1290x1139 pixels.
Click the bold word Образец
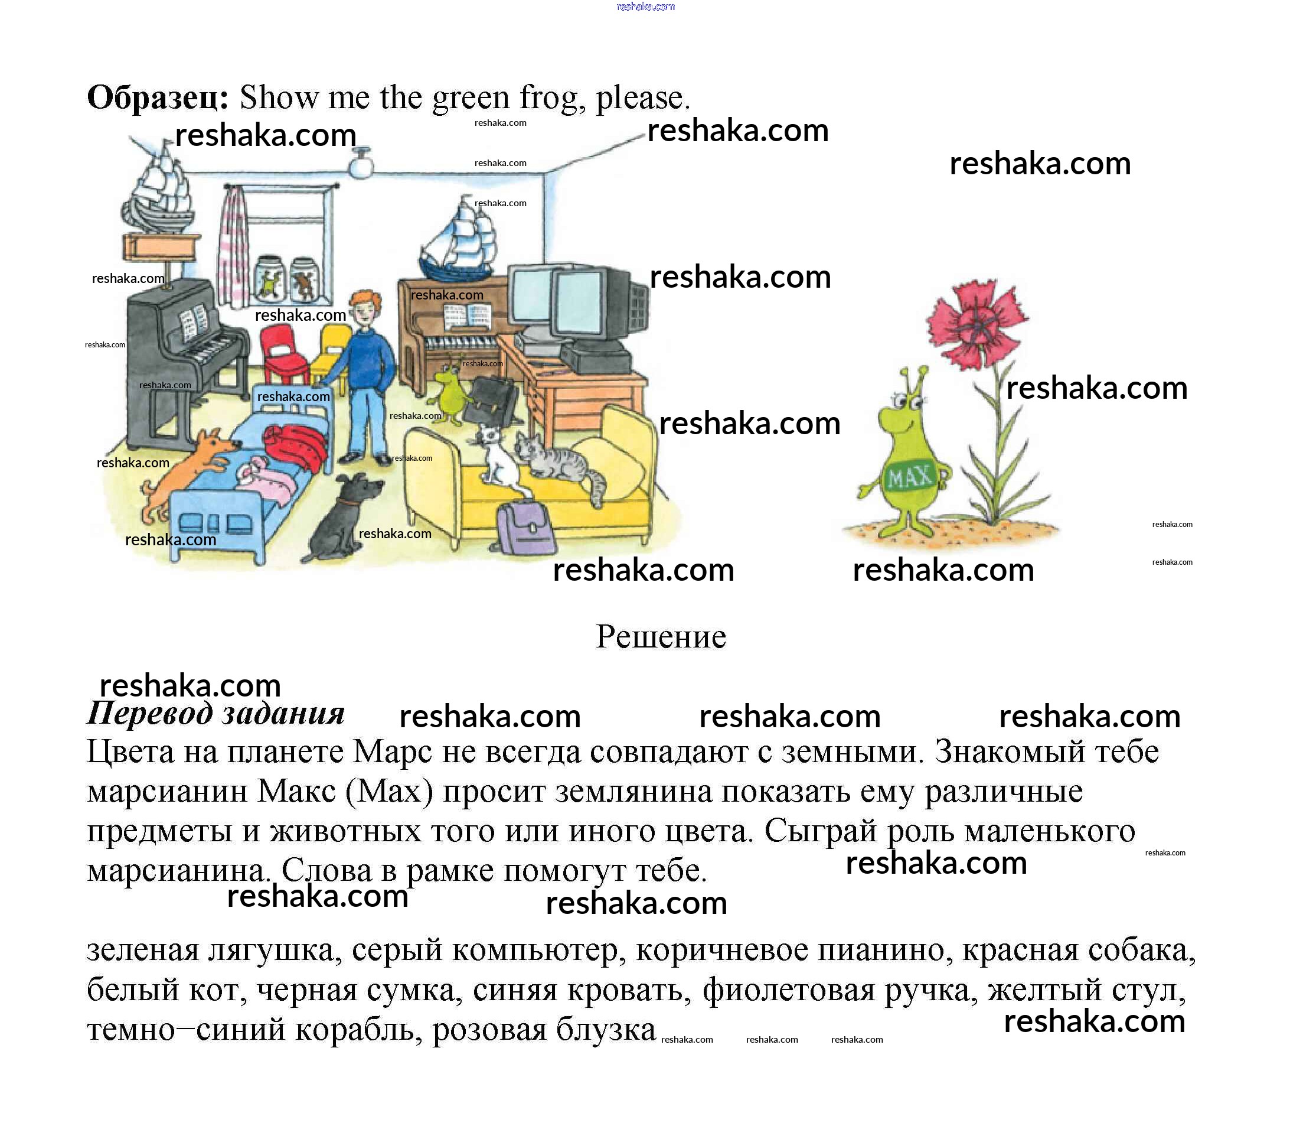click(157, 97)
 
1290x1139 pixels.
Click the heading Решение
click(661, 636)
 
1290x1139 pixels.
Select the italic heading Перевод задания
click(215, 714)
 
